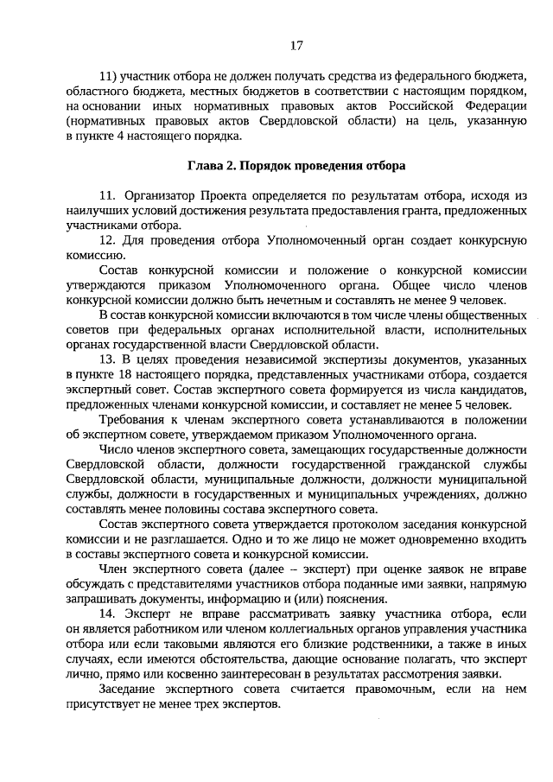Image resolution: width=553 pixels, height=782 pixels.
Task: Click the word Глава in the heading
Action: click(x=207, y=164)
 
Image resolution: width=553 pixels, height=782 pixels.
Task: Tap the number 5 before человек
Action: click(x=470, y=405)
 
